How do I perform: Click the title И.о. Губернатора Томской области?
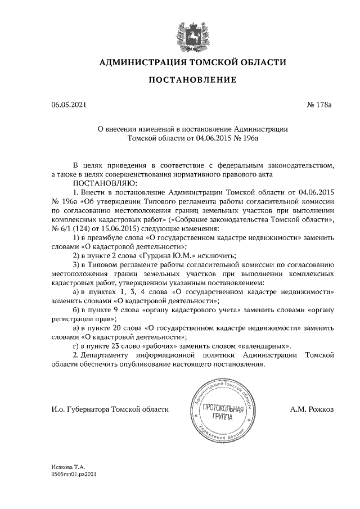click(x=109, y=410)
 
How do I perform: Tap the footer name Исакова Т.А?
click(x=67, y=467)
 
